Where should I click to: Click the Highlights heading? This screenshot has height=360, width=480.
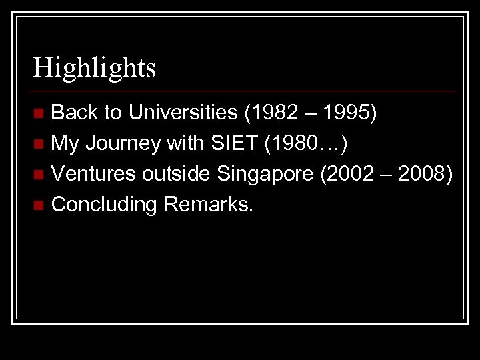tap(95, 68)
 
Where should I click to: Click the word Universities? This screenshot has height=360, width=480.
tap(183, 113)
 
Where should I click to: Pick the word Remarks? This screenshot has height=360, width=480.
tap(208, 204)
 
